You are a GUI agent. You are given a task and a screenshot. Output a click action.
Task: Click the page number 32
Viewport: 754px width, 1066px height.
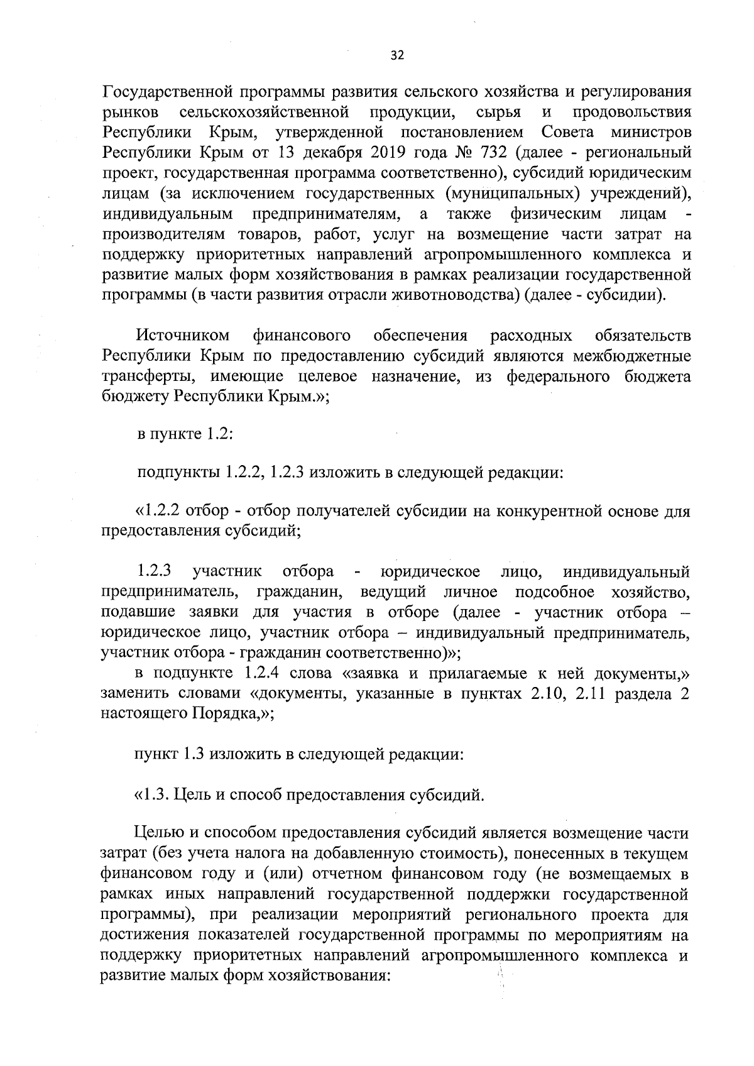point(397,55)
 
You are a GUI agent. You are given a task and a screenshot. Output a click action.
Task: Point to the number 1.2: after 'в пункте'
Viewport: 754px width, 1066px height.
point(221,434)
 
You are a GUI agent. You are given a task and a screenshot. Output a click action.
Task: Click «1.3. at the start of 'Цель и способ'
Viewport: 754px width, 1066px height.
point(152,795)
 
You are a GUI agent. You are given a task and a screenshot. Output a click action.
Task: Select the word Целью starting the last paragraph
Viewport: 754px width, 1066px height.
point(157,833)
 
